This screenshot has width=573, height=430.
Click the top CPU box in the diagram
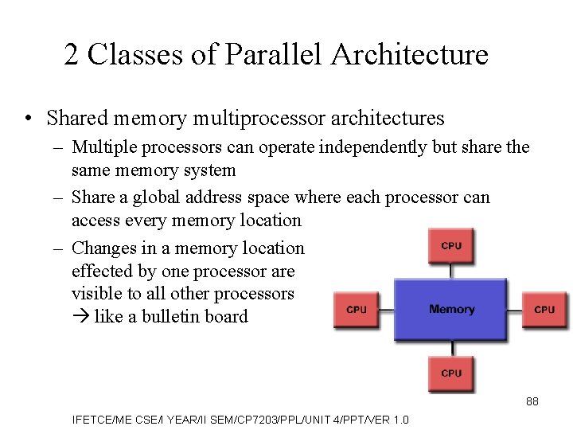[451, 245]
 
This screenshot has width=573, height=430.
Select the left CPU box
[357, 309]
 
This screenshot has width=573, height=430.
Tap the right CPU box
[544, 309]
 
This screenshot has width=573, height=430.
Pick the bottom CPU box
[451, 373]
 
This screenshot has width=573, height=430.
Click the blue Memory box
[451, 309]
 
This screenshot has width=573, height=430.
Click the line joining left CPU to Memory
[387, 309]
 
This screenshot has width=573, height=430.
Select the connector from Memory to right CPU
[515, 309]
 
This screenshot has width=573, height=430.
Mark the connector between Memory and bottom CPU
[451, 349]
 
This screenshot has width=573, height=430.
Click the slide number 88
[532, 401]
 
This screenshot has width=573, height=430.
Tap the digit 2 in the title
[72, 55]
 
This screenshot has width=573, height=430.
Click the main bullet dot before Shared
[28, 119]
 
